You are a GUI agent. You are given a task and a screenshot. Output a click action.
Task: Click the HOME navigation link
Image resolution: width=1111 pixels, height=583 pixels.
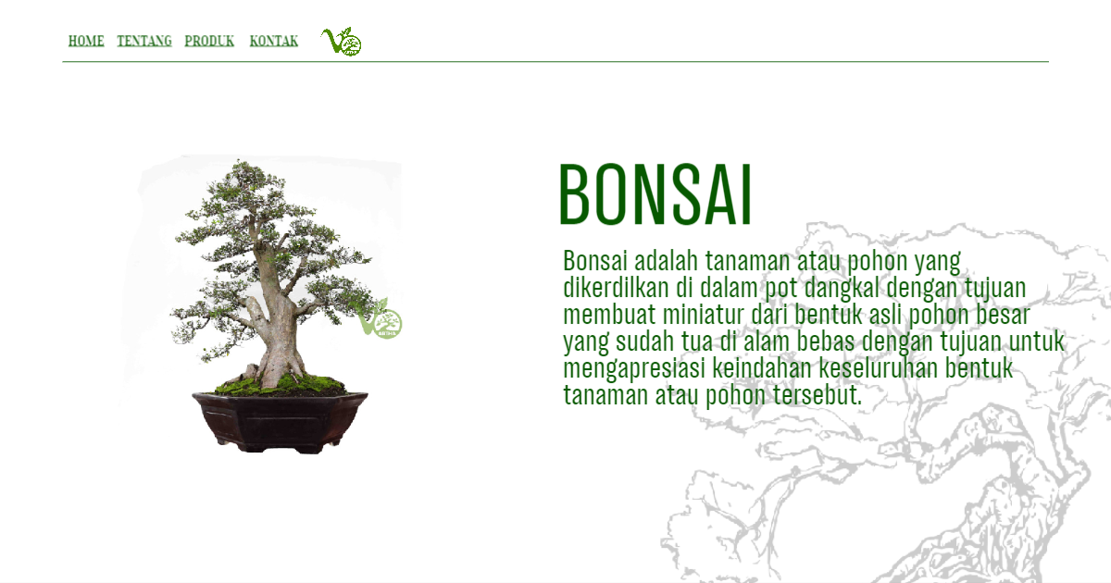click(x=86, y=41)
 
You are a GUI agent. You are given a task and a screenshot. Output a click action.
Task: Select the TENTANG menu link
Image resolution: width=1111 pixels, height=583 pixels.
click(x=144, y=41)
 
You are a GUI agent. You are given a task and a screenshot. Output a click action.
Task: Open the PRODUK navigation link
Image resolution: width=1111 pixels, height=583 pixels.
click(x=209, y=41)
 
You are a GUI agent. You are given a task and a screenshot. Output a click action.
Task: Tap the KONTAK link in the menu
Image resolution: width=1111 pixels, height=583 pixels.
click(x=274, y=41)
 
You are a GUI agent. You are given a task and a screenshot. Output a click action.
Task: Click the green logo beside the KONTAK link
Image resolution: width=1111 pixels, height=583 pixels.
click(x=342, y=41)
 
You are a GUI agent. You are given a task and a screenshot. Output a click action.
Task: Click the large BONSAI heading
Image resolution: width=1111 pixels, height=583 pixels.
click(x=655, y=195)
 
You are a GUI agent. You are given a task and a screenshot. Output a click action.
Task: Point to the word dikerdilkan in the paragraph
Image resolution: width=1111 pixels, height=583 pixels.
click(x=616, y=288)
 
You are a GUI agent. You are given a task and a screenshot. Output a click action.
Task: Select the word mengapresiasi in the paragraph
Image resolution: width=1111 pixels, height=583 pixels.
click(x=634, y=369)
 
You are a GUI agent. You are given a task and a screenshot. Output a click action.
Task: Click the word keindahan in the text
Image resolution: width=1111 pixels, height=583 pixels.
click(x=762, y=368)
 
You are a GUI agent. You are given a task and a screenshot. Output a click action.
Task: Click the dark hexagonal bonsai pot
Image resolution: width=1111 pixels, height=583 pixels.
click(x=280, y=421)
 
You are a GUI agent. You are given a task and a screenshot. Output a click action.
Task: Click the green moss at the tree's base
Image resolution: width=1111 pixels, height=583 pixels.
click(x=281, y=384)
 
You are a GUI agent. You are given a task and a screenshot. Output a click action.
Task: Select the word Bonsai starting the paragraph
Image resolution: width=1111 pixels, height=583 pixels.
click(x=595, y=260)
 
